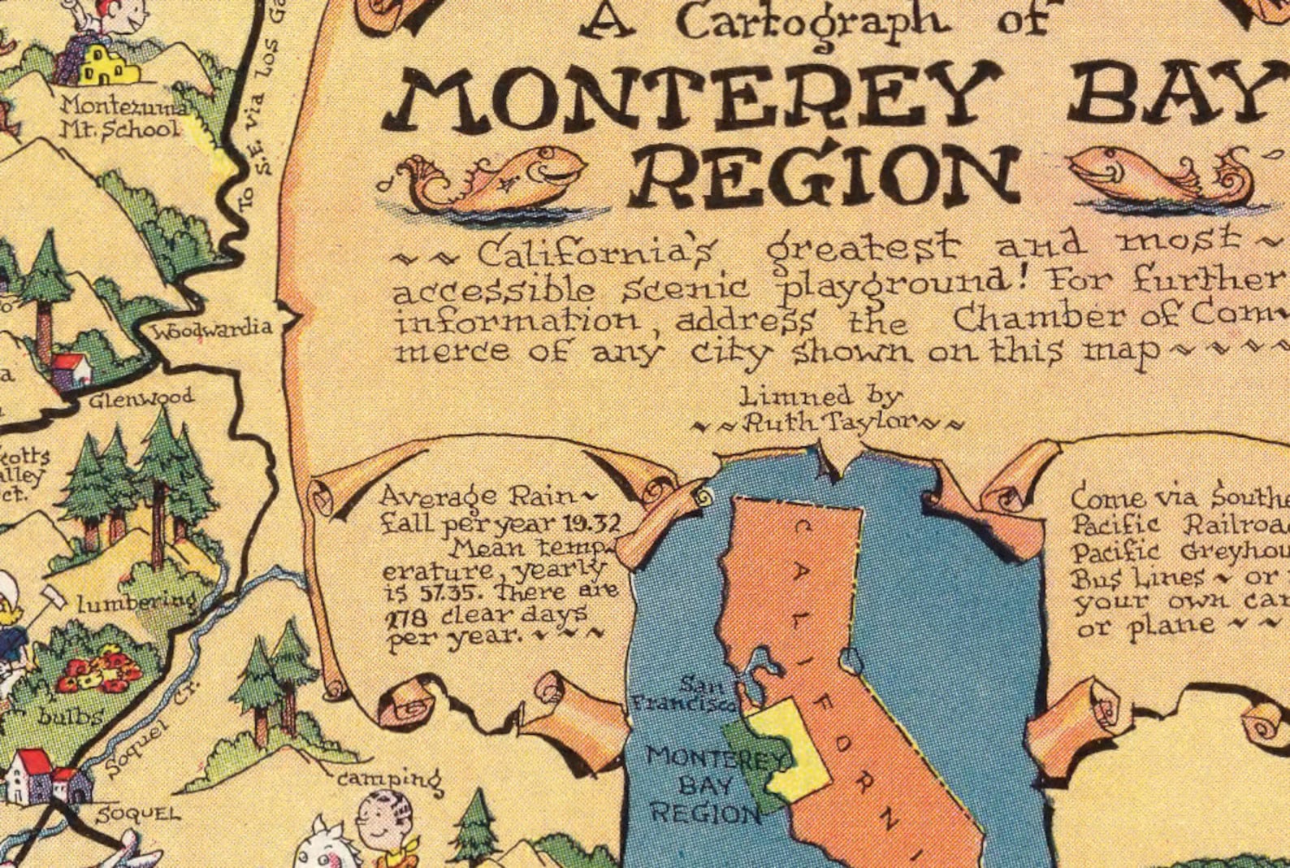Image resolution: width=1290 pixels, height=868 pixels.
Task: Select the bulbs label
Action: point(71,716)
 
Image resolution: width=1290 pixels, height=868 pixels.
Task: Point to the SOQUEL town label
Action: point(138,814)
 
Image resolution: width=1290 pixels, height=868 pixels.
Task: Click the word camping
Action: point(390,779)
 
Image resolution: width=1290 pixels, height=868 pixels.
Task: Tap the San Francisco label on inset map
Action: point(684,695)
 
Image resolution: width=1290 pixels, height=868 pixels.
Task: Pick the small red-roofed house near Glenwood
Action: point(71,370)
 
